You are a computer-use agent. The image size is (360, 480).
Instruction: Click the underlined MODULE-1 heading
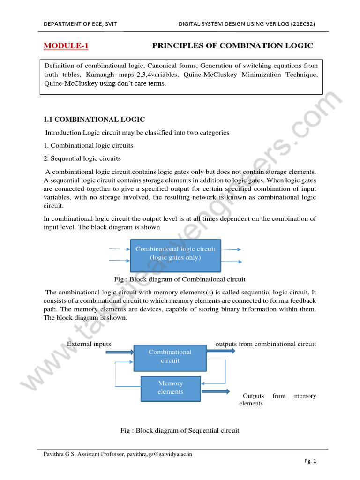66,45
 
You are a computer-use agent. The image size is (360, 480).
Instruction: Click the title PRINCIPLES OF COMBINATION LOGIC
232,45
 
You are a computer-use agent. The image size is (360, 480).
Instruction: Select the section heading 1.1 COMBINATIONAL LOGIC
94,120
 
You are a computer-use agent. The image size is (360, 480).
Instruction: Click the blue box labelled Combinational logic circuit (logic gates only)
175,254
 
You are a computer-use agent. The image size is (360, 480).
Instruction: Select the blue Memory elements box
171,388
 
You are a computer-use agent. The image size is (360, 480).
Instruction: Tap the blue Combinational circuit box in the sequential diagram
170,357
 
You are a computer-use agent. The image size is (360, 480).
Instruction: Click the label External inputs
89,344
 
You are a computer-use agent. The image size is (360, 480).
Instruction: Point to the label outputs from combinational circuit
265,344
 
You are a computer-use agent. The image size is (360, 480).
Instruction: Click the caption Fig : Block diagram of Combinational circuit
180,279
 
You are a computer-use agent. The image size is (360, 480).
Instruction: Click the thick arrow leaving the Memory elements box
216,391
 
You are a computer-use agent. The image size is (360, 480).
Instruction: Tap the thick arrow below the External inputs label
120,351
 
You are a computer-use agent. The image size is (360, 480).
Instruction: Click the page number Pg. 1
310,461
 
